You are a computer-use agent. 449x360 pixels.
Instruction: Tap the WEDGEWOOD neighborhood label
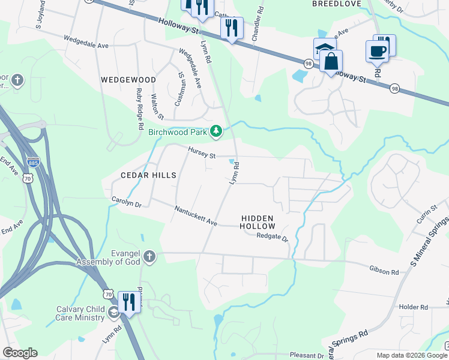tap(128, 80)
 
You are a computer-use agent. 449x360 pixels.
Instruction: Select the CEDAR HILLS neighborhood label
tap(140, 175)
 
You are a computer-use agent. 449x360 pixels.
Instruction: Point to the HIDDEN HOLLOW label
tap(258, 223)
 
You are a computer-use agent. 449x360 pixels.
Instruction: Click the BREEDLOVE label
tap(336, 4)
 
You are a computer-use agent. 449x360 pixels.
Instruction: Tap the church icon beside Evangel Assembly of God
tap(149, 257)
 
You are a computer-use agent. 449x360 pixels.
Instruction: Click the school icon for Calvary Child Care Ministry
tap(113, 312)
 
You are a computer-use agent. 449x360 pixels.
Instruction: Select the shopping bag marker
tap(331, 61)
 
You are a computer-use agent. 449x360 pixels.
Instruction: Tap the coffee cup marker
tap(377, 51)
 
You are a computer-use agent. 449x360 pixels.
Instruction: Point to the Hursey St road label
tap(201, 154)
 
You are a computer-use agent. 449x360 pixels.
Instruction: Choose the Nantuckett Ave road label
tap(196, 216)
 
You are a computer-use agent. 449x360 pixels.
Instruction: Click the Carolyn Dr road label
tap(126, 202)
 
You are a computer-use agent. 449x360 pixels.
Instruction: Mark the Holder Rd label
tap(413, 307)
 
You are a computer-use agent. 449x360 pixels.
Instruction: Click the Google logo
tap(20, 353)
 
